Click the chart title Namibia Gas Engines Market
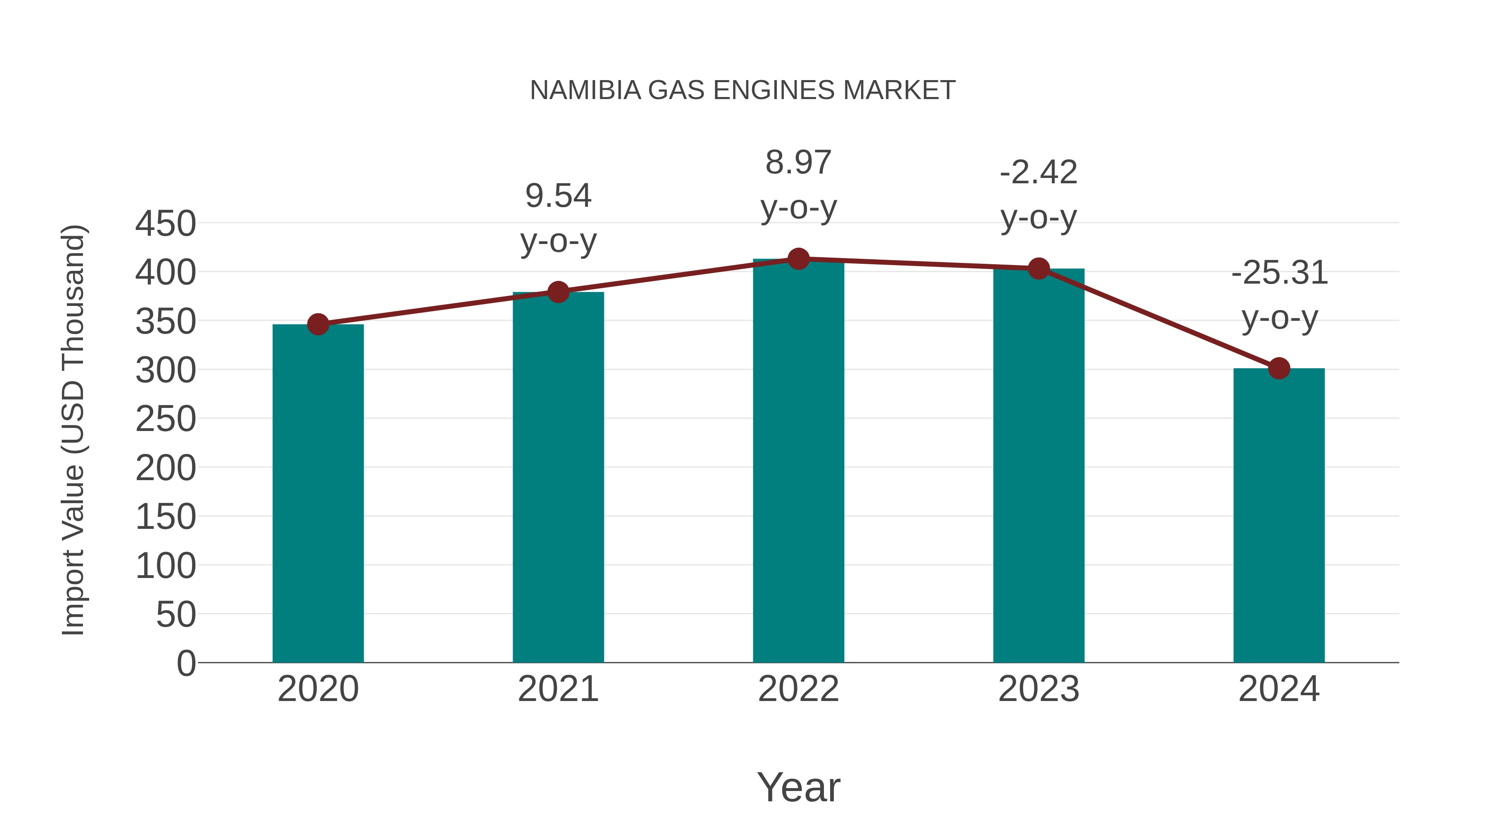point(743,90)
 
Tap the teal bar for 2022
point(798,462)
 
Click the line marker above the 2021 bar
point(558,292)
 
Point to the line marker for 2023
point(1039,269)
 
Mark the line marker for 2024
point(1279,368)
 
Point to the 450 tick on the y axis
point(166,224)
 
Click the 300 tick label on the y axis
point(166,370)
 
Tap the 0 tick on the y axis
point(186,663)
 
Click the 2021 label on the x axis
point(558,689)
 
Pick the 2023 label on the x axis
point(1039,689)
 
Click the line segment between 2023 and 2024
point(1158,318)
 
